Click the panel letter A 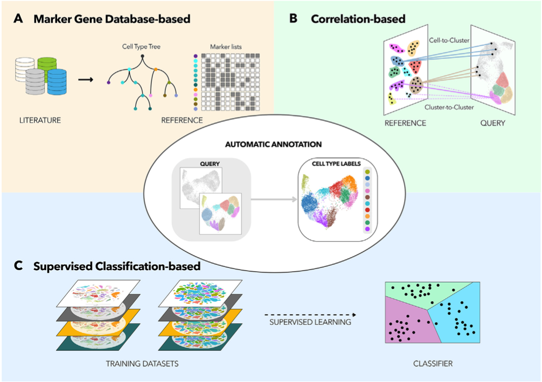tap(18, 18)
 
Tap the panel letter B tap(293, 18)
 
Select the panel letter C tap(18, 265)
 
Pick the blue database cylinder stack tap(57, 82)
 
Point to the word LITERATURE tap(40, 121)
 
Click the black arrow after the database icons tap(86, 80)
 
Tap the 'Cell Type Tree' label tap(141, 47)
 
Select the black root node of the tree tap(142, 56)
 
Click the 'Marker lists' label tap(226, 47)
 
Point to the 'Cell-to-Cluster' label tap(449, 40)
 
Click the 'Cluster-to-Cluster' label tap(449, 107)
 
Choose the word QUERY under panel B tap(492, 123)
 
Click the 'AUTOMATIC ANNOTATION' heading tap(273, 144)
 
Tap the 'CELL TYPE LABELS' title tap(336, 164)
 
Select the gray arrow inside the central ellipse tap(274, 199)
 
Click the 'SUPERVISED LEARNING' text tap(310, 322)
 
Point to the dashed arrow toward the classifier tap(310, 315)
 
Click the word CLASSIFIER tap(433, 364)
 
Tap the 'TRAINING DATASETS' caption tap(142, 364)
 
